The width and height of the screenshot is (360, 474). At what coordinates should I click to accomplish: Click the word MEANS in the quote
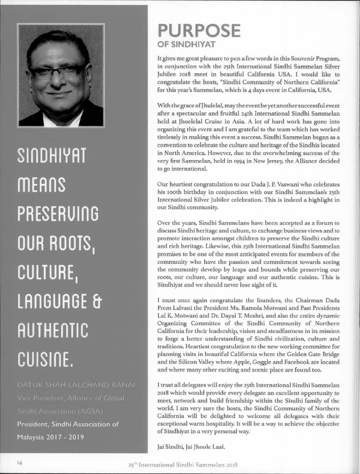click(x=41, y=184)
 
